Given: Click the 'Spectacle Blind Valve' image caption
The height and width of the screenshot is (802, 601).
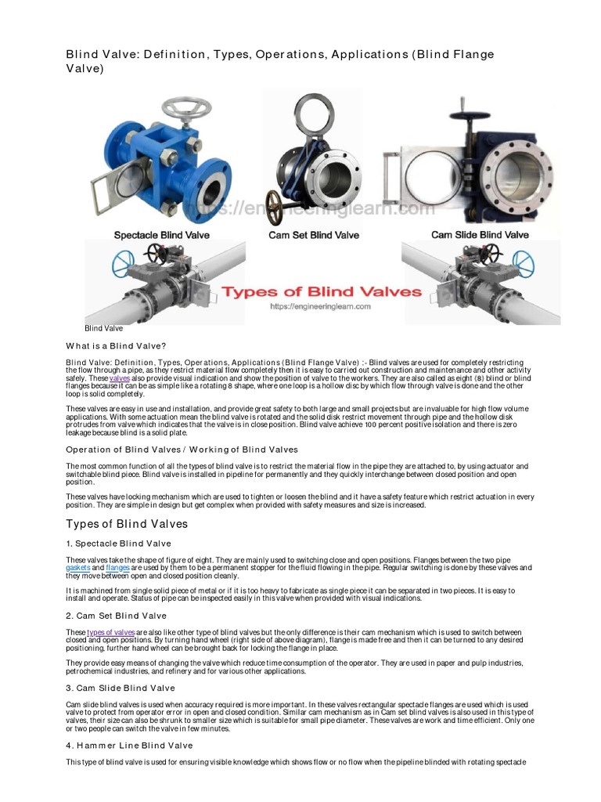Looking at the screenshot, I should coord(162,234).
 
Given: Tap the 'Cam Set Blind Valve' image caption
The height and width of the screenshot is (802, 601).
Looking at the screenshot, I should coord(314,234).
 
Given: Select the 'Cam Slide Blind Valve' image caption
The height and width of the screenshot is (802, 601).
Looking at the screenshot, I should coord(480,234).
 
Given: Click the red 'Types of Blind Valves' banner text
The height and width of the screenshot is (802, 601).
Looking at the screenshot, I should coord(322,292).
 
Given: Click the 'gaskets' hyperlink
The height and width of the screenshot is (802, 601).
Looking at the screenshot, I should coord(78,567).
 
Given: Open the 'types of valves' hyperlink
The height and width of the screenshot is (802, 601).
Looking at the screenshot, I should coord(111,632).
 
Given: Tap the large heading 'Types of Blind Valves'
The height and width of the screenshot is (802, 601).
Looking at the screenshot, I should coord(127,523).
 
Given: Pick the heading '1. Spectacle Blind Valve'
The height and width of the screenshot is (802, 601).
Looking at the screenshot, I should coord(118,543).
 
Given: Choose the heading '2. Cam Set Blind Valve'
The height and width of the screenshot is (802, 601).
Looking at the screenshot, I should coord(117,616).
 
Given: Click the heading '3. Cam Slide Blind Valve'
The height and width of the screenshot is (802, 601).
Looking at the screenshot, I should coord(121,688).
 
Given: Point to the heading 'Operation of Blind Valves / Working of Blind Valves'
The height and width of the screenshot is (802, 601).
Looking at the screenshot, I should coord(182,450).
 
